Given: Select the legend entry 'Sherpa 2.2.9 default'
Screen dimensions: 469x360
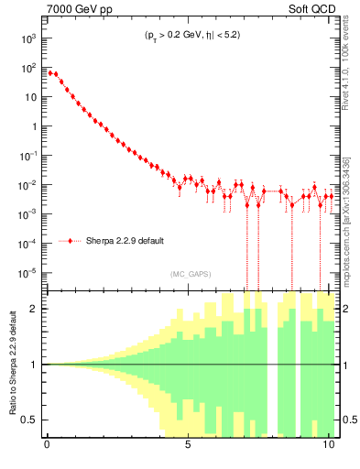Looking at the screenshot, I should tap(125, 241).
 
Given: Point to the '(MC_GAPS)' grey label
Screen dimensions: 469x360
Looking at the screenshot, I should tap(191, 273).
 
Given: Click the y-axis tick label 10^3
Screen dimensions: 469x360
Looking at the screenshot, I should tap(27, 38).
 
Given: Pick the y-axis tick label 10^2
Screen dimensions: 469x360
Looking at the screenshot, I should tap(27, 68).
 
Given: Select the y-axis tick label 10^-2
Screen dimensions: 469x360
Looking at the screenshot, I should tap(27, 185).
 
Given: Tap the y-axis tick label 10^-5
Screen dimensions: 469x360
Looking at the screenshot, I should tap(27, 273).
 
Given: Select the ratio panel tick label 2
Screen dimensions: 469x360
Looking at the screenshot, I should tap(33, 309).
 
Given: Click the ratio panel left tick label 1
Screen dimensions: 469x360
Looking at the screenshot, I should tap(33, 365).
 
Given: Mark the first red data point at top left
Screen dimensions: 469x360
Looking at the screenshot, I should tap(50, 72).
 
